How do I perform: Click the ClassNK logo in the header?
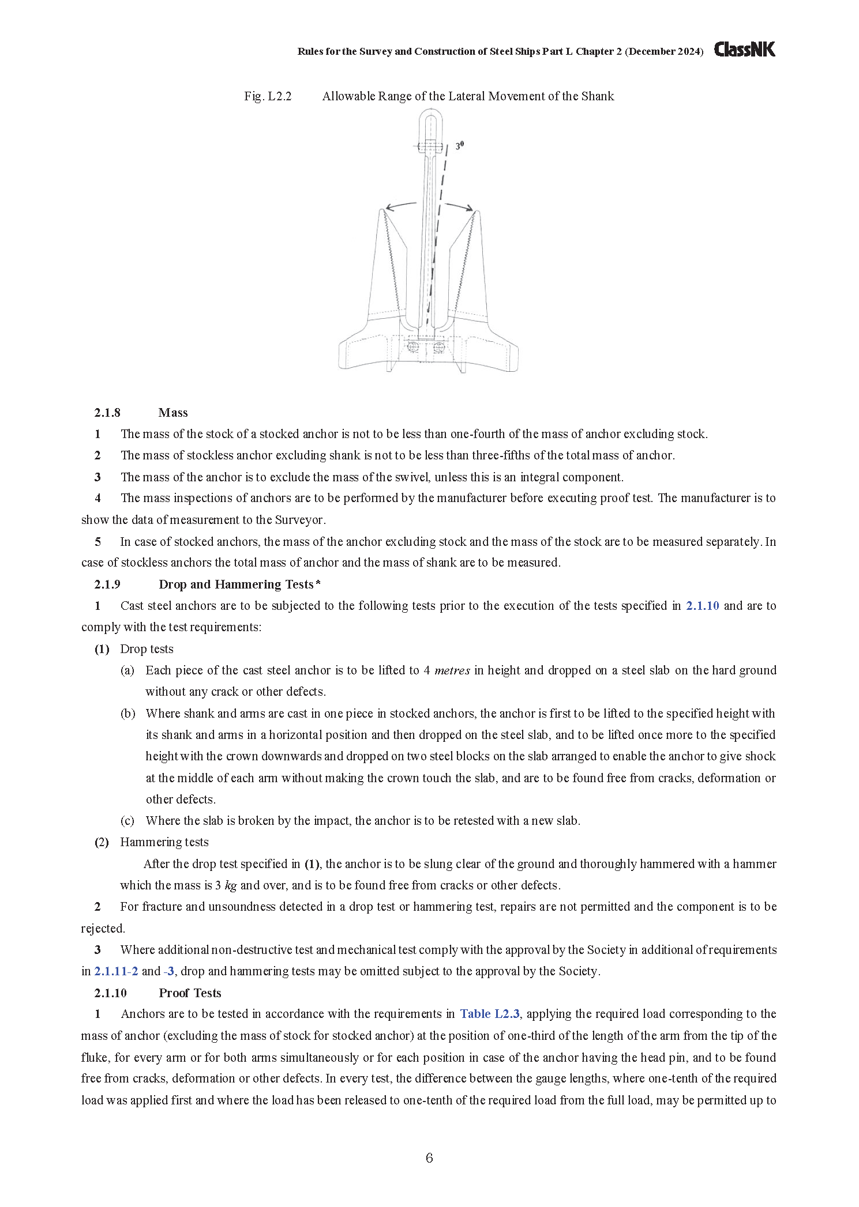click(744, 50)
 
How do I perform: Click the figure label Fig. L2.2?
click(268, 96)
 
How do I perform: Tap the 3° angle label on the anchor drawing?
click(459, 146)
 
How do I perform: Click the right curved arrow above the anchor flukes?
click(459, 206)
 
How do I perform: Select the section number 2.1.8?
click(107, 413)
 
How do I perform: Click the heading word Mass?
click(173, 413)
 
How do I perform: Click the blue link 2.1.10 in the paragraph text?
click(702, 606)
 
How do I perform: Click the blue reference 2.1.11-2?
click(116, 971)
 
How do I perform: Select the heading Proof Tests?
click(190, 993)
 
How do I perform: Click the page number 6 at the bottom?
click(429, 1158)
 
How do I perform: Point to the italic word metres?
click(452, 670)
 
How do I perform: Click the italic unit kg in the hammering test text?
click(230, 885)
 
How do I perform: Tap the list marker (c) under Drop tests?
click(127, 821)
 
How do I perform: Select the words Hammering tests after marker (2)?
click(164, 842)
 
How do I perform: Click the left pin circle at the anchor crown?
click(412, 347)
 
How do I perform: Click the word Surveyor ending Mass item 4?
click(299, 520)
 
